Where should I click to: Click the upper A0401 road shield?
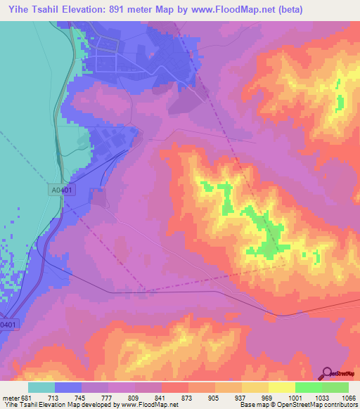pyautogui.click(x=62, y=190)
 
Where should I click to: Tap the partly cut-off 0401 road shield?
pyautogui.click(x=6, y=325)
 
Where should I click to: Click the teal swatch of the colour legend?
pyautogui.click(x=41, y=387)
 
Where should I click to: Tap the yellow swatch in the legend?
pyautogui.click(x=282, y=387)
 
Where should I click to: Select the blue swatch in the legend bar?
pyautogui.click(x=68, y=387)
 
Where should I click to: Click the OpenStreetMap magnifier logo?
pyautogui.click(x=328, y=373)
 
